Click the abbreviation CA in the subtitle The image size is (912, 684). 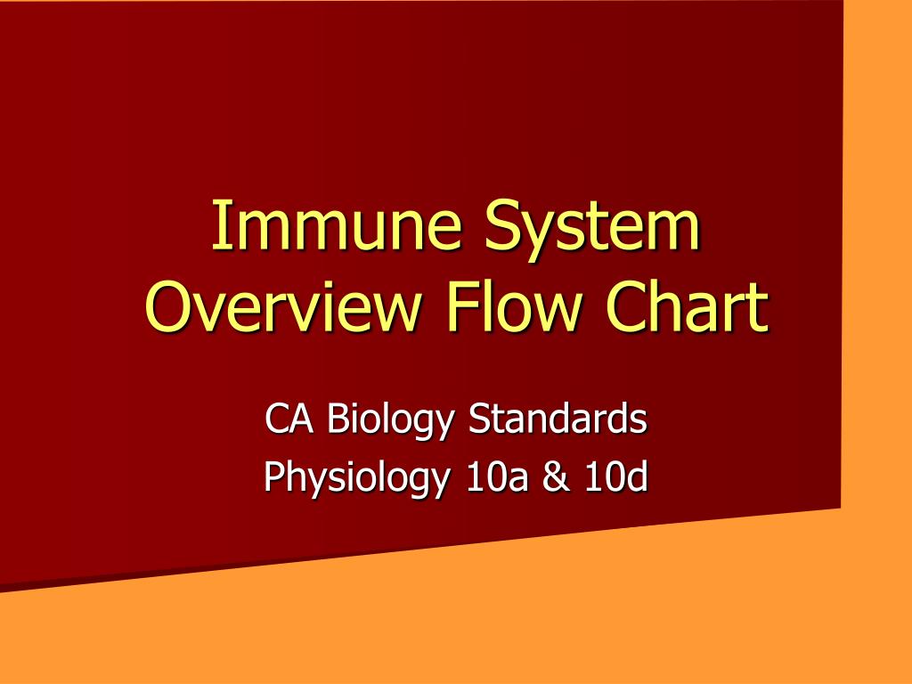pyautogui.click(x=289, y=419)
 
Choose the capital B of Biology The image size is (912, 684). pyautogui.click(x=336, y=418)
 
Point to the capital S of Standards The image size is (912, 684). pyautogui.click(x=477, y=418)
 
